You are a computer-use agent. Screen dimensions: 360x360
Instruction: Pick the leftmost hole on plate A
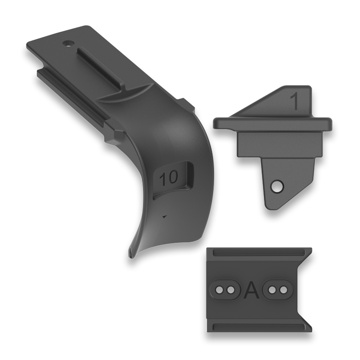point(220,290)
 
